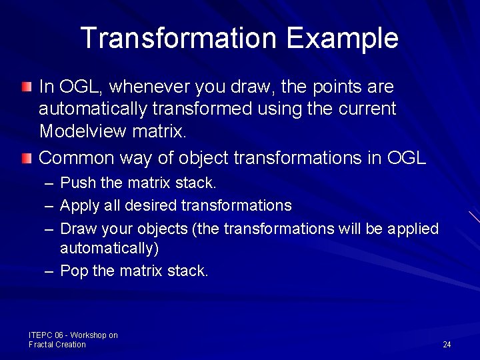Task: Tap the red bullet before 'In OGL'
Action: [x=25, y=87]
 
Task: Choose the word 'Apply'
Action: [x=77, y=205]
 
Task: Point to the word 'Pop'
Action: [x=72, y=271]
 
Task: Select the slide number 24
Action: [x=447, y=345]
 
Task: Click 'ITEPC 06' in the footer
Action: [x=44, y=335]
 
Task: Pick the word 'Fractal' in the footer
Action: [x=41, y=345]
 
